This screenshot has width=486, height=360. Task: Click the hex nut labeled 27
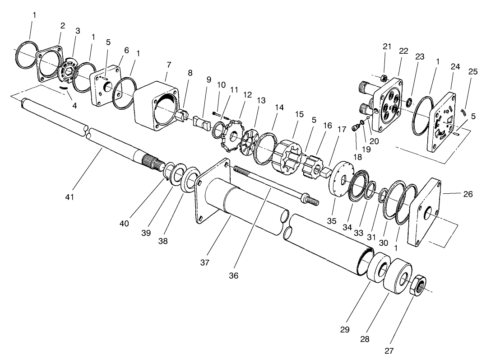pos(418,286)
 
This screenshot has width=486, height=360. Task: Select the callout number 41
pos(69,197)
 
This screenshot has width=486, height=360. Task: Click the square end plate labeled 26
pos(426,211)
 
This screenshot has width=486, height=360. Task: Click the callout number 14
pos(279,108)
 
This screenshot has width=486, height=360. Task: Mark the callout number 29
pos(345,329)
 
